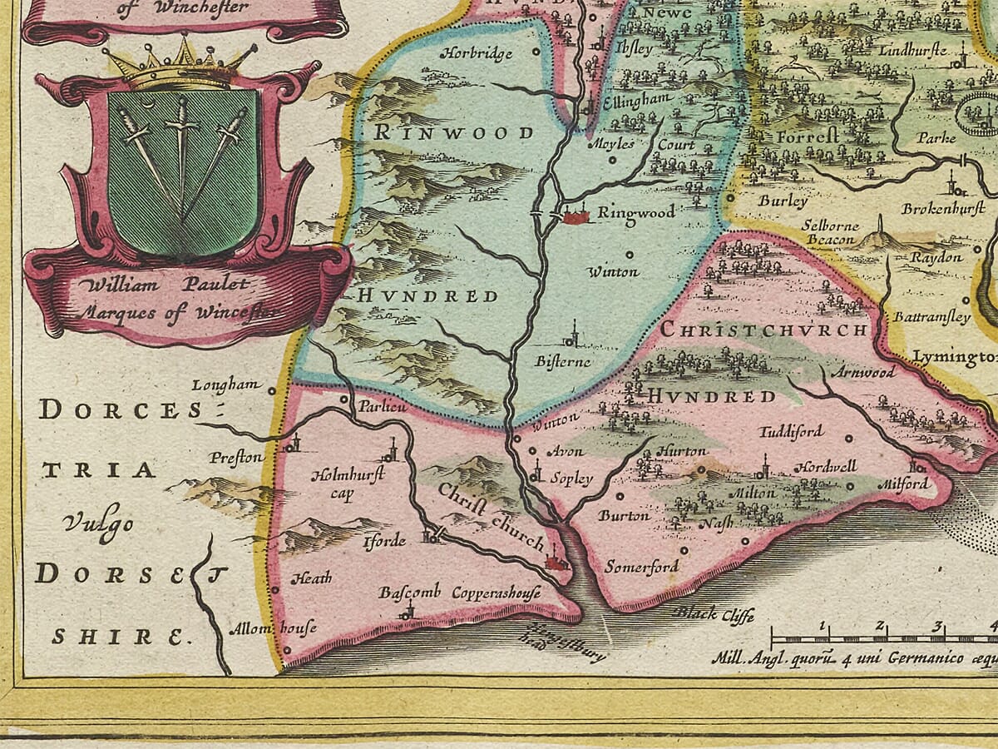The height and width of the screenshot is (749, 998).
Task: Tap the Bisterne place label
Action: point(563,361)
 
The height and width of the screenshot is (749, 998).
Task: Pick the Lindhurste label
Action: point(912,50)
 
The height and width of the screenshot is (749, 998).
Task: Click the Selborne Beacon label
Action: point(831,232)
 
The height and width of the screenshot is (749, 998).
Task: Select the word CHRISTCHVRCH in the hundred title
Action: point(764,330)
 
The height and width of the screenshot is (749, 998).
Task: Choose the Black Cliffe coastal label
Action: point(714,615)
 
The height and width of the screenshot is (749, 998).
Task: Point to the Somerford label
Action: point(641,567)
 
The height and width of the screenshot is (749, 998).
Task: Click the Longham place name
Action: point(221,384)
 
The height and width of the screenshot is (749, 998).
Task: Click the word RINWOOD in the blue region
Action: point(453,133)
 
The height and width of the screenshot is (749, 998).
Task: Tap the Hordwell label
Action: point(825,467)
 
